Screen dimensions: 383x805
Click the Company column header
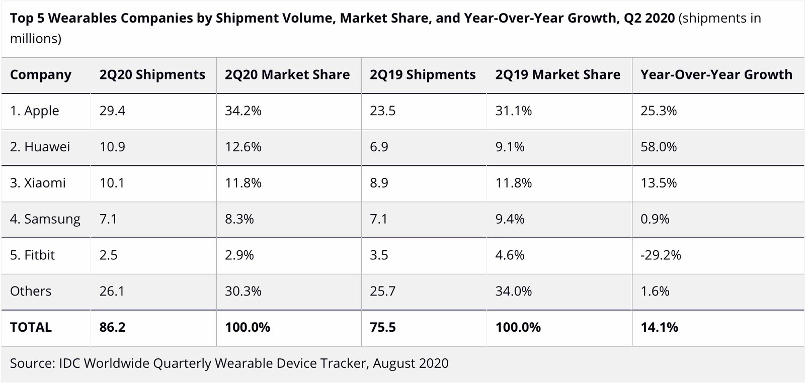(41, 75)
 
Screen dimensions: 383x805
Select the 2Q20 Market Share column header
(287, 75)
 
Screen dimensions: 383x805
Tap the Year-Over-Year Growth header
(716, 75)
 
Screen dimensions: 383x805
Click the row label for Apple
(35, 111)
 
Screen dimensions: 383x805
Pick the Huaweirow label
(40, 147)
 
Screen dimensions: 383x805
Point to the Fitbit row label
(32, 255)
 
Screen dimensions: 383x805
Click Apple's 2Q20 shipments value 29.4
(112, 111)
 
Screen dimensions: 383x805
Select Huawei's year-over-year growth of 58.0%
(658, 147)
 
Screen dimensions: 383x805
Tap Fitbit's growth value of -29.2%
(661, 255)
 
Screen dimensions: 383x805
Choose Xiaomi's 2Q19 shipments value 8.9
(379, 183)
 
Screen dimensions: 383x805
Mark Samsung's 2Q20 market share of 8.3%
(239, 219)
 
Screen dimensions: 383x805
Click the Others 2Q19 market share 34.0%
(513, 291)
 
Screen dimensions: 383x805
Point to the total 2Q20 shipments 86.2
(112, 327)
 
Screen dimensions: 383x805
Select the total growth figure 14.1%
(659, 327)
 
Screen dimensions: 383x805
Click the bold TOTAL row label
(31, 327)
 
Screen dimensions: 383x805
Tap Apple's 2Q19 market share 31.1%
(513, 111)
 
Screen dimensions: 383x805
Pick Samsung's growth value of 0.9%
(655, 219)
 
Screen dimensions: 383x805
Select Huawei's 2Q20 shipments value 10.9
(112, 147)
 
